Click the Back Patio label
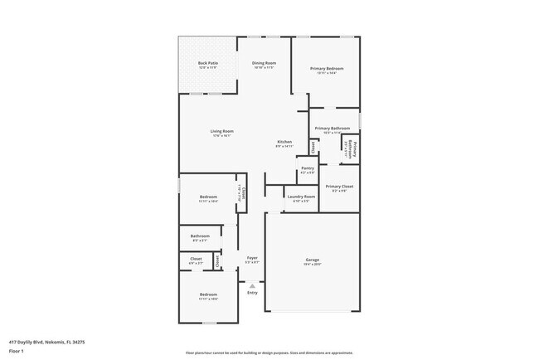[x=207, y=63]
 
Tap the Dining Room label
[x=265, y=63]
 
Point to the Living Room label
[x=221, y=131]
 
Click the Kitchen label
[x=284, y=142]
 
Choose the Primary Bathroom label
[x=332, y=129]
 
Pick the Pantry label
[x=308, y=168]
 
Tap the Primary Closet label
[x=339, y=187]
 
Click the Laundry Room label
[x=300, y=197]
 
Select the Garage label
[x=313, y=260]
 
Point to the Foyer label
[x=252, y=258]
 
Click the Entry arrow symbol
[x=252, y=285]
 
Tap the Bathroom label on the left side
[x=200, y=236]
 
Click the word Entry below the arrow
[x=252, y=292]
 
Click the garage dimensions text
[x=313, y=265]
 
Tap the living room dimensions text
[x=221, y=136]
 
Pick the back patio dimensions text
[x=207, y=68]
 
